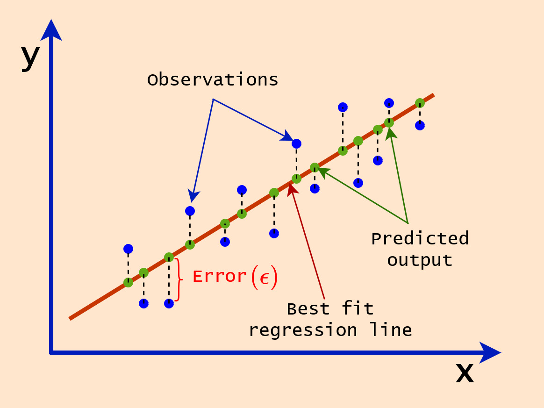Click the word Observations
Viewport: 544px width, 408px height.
(x=213, y=79)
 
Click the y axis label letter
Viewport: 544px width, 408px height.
(x=30, y=57)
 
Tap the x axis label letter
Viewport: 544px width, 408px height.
(x=465, y=373)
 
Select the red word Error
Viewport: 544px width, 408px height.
(x=219, y=277)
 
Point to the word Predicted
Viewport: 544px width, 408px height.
(x=420, y=239)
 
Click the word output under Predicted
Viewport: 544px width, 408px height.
(x=420, y=260)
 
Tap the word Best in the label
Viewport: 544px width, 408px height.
(x=308, y=309)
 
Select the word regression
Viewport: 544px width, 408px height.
(x=303, y=330)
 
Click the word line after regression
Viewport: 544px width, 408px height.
(x=391, y=329)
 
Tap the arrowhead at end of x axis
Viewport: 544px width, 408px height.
(x=490, y=352)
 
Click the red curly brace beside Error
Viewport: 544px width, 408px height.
(x=179, y=279)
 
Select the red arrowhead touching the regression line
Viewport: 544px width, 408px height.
(x=293, y=189)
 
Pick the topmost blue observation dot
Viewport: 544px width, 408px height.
(x=389, y=103)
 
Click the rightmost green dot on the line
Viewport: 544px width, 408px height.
(x=420, y=103)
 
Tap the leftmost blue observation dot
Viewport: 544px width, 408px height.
(x=128, y=249)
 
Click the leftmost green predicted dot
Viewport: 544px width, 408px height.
(x=128, y=282)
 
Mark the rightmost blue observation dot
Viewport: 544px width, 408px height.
(x=420, y=126)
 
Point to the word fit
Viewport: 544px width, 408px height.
(x=358, y=308)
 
